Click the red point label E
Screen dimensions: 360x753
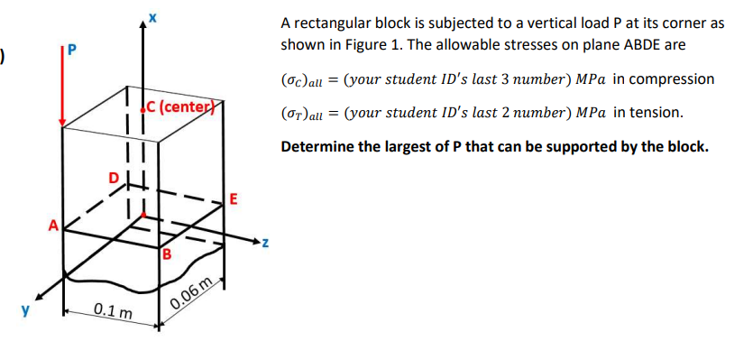point(234,199)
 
